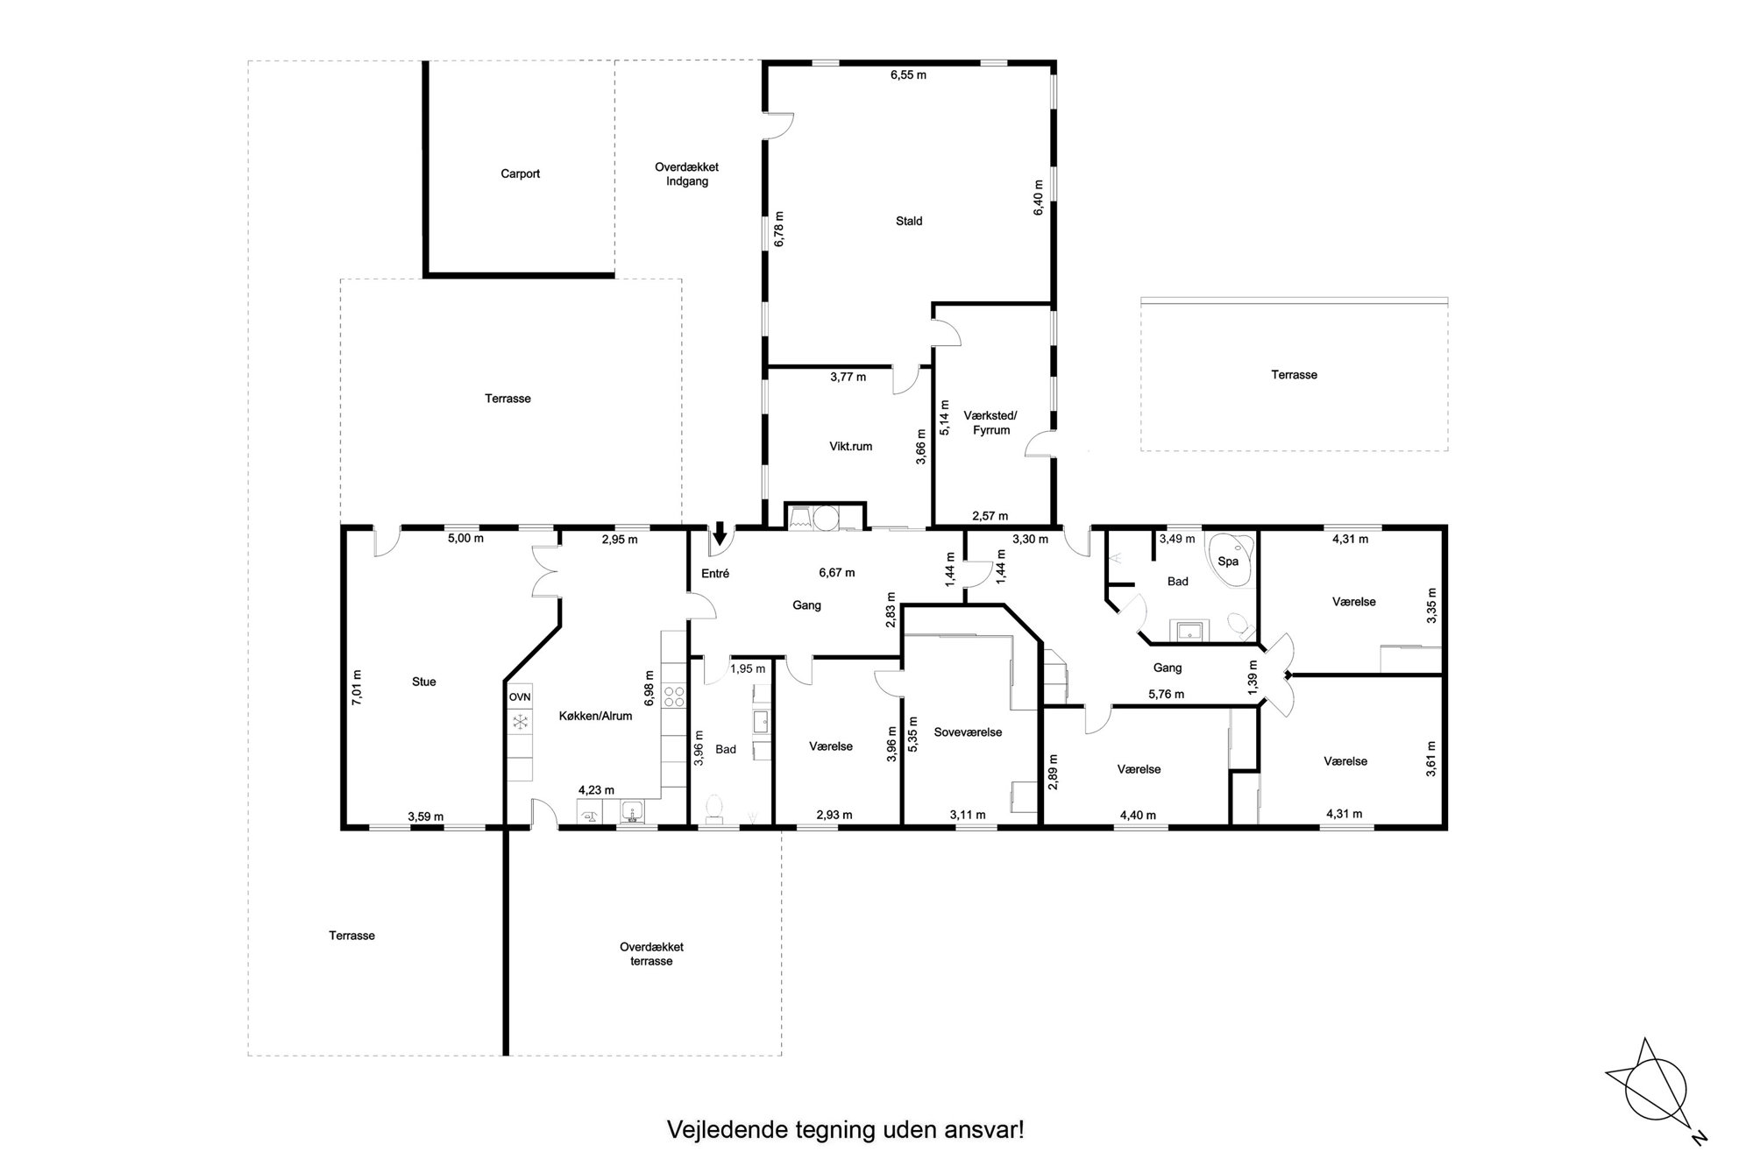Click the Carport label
520,173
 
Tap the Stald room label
909,221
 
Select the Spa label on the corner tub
1228,561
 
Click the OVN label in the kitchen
520,696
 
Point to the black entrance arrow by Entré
720,532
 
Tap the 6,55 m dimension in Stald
908,75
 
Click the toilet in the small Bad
713,809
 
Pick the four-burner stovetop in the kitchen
674,696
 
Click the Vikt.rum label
850,446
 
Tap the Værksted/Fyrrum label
991,422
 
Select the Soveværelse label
968,731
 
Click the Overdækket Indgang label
686,174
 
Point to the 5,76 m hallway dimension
1166,695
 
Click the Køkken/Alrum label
595,716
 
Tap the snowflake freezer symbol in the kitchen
520,721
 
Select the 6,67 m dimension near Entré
837,573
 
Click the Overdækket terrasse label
651,954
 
